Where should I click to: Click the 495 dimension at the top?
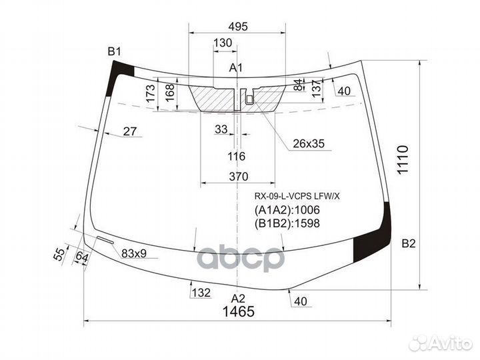tap(238, 27)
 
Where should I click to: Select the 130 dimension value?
tap(223, 43)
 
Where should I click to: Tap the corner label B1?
tap(115, 52)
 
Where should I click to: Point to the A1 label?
tap(235, 67)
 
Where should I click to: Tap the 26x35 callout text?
tap(308, 143)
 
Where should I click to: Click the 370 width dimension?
tap(238, 177)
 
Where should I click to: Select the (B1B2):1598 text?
tap(287, 223)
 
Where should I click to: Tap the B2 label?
tap(408, 245)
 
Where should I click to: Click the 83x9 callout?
tap(134, 253)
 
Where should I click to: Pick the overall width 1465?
tap(238, 312)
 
